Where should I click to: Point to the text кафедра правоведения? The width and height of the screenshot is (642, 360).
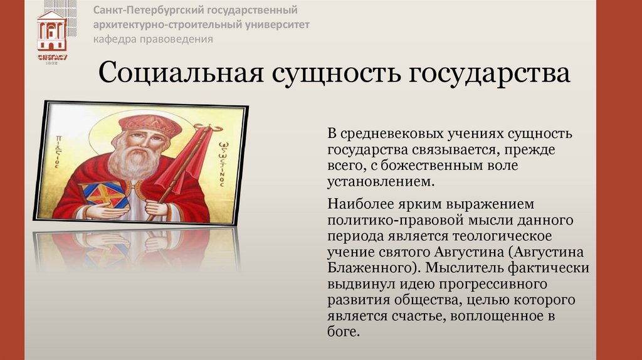click(x=154, y=40)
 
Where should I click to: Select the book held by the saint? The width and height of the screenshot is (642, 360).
click(x=103, y=195)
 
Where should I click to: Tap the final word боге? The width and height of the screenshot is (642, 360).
click(x=344, y=332)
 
